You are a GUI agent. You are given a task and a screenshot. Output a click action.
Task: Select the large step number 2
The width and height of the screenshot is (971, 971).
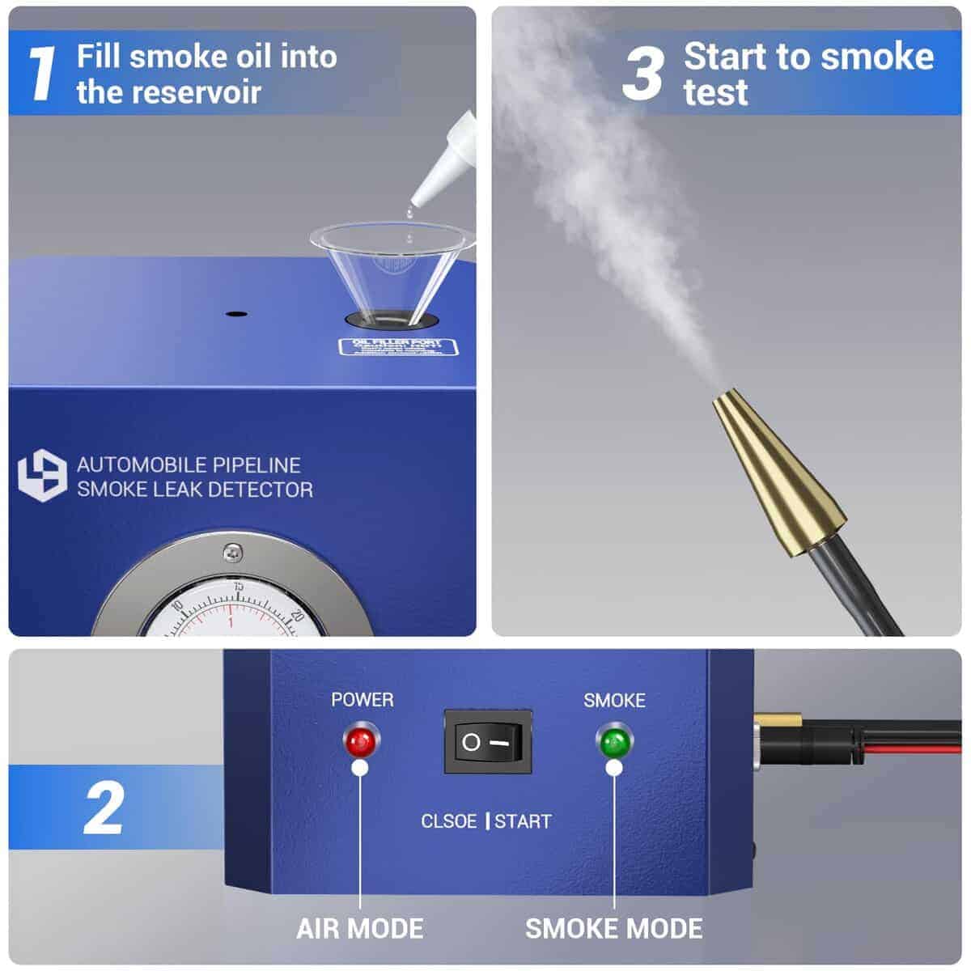[103, 808]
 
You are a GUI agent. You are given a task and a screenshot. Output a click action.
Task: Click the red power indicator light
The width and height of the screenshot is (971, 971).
[358, 740]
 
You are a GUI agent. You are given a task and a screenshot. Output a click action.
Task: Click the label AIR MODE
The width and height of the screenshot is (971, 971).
[359, 928]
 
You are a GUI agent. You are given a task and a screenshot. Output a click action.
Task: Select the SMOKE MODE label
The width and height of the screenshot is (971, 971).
[614, 928]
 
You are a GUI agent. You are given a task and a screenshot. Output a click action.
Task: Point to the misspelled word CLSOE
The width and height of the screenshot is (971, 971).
[448, 821]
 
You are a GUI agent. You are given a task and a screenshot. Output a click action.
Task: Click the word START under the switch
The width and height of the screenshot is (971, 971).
[523, 821]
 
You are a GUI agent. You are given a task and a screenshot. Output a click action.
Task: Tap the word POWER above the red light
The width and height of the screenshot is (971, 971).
[362, 700]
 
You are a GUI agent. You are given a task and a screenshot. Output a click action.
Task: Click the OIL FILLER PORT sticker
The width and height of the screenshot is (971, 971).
[397, 348]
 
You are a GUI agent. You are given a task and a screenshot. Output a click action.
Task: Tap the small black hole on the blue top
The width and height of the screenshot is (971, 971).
[235, 313]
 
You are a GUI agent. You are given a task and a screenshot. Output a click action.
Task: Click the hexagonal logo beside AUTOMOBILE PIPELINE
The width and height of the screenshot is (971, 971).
[41, 477]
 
